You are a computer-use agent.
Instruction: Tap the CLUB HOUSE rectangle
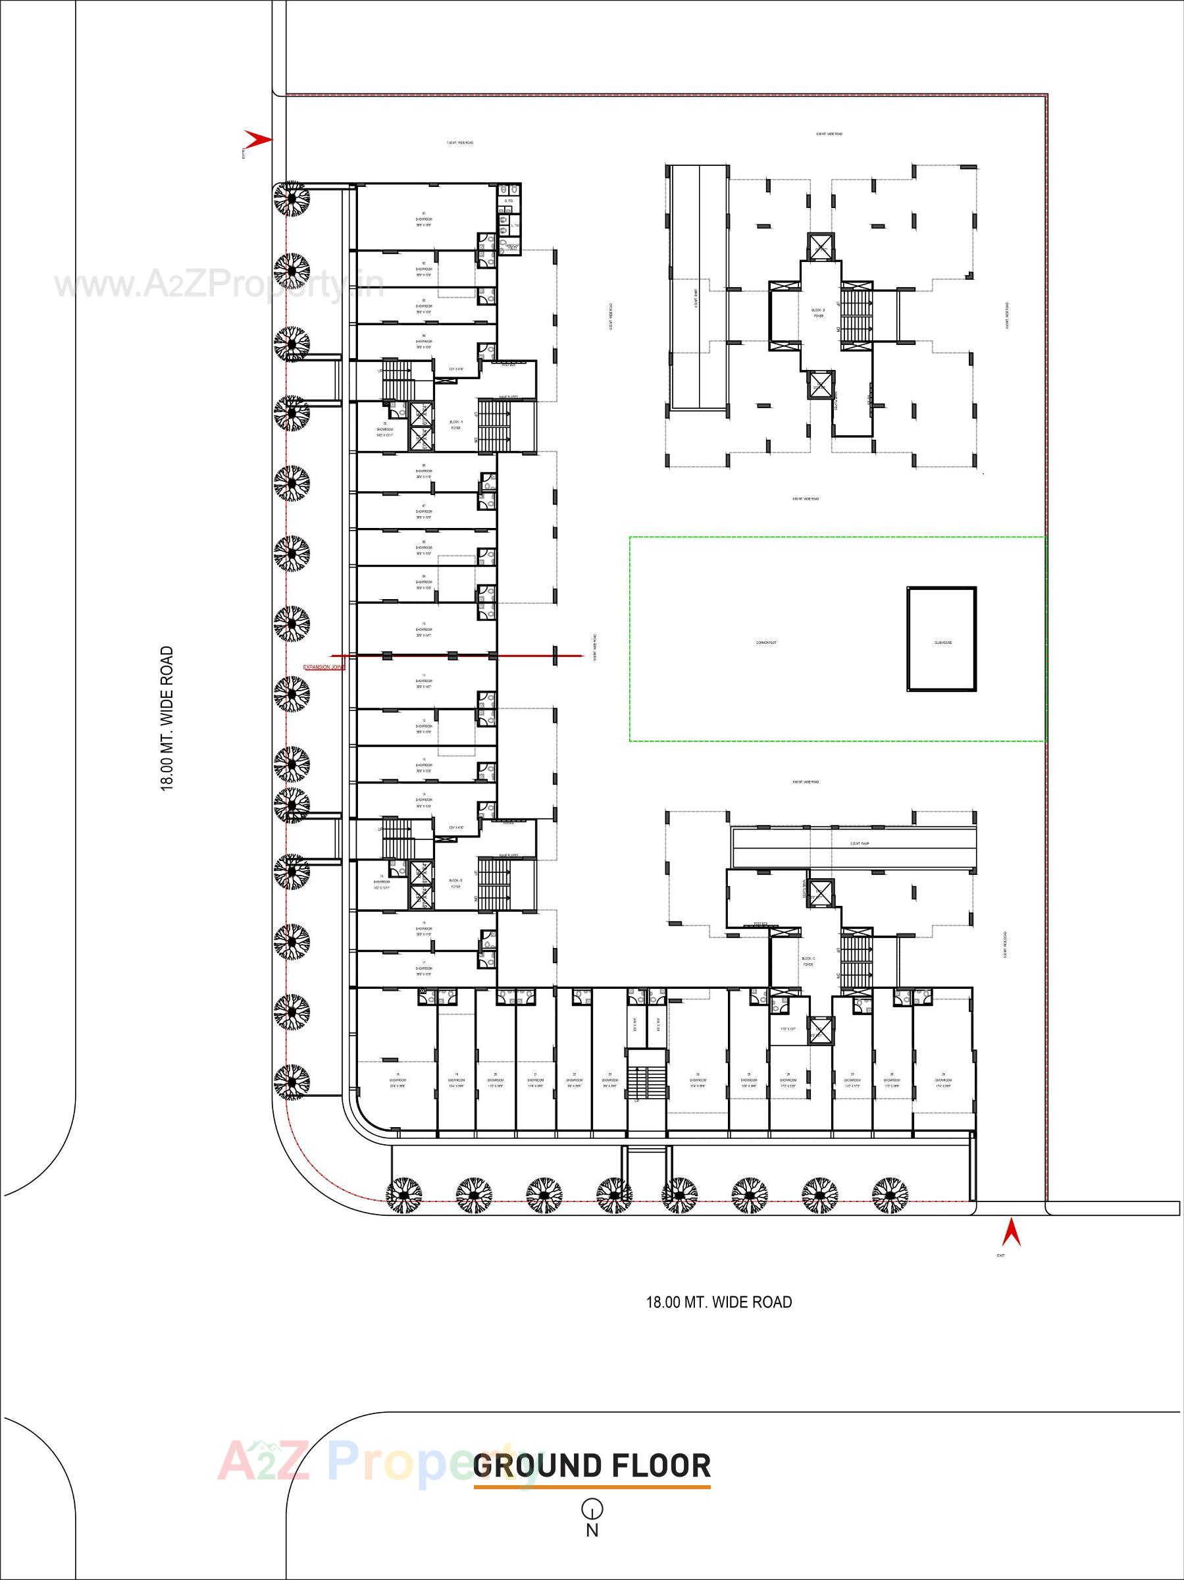click(x=942, y=639)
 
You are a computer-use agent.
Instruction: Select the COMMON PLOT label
click(x=766, y=643)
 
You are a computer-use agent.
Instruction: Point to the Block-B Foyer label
click(x=818, y=312)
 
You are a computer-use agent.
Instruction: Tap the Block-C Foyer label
click(x=808, y=961)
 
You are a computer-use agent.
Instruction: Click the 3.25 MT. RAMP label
click(x=854, y=843)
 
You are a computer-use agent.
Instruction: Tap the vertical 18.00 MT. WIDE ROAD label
click(x=167, y=718)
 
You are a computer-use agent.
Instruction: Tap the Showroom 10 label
click(x=425, y=629)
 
